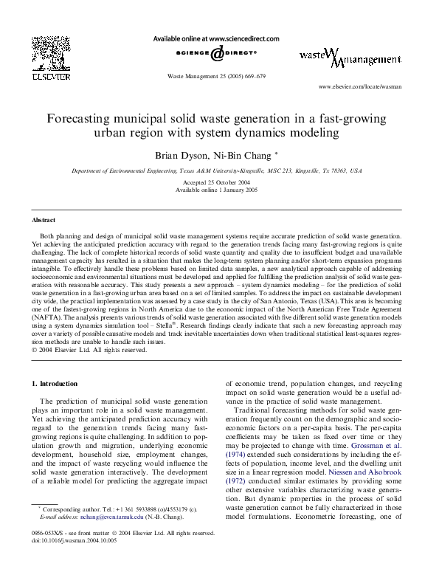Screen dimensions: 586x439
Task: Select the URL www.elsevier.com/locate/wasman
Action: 359,87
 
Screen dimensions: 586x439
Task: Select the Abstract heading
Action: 43,220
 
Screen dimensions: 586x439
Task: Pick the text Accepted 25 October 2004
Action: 218,182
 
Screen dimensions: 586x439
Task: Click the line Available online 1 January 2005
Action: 218,190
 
